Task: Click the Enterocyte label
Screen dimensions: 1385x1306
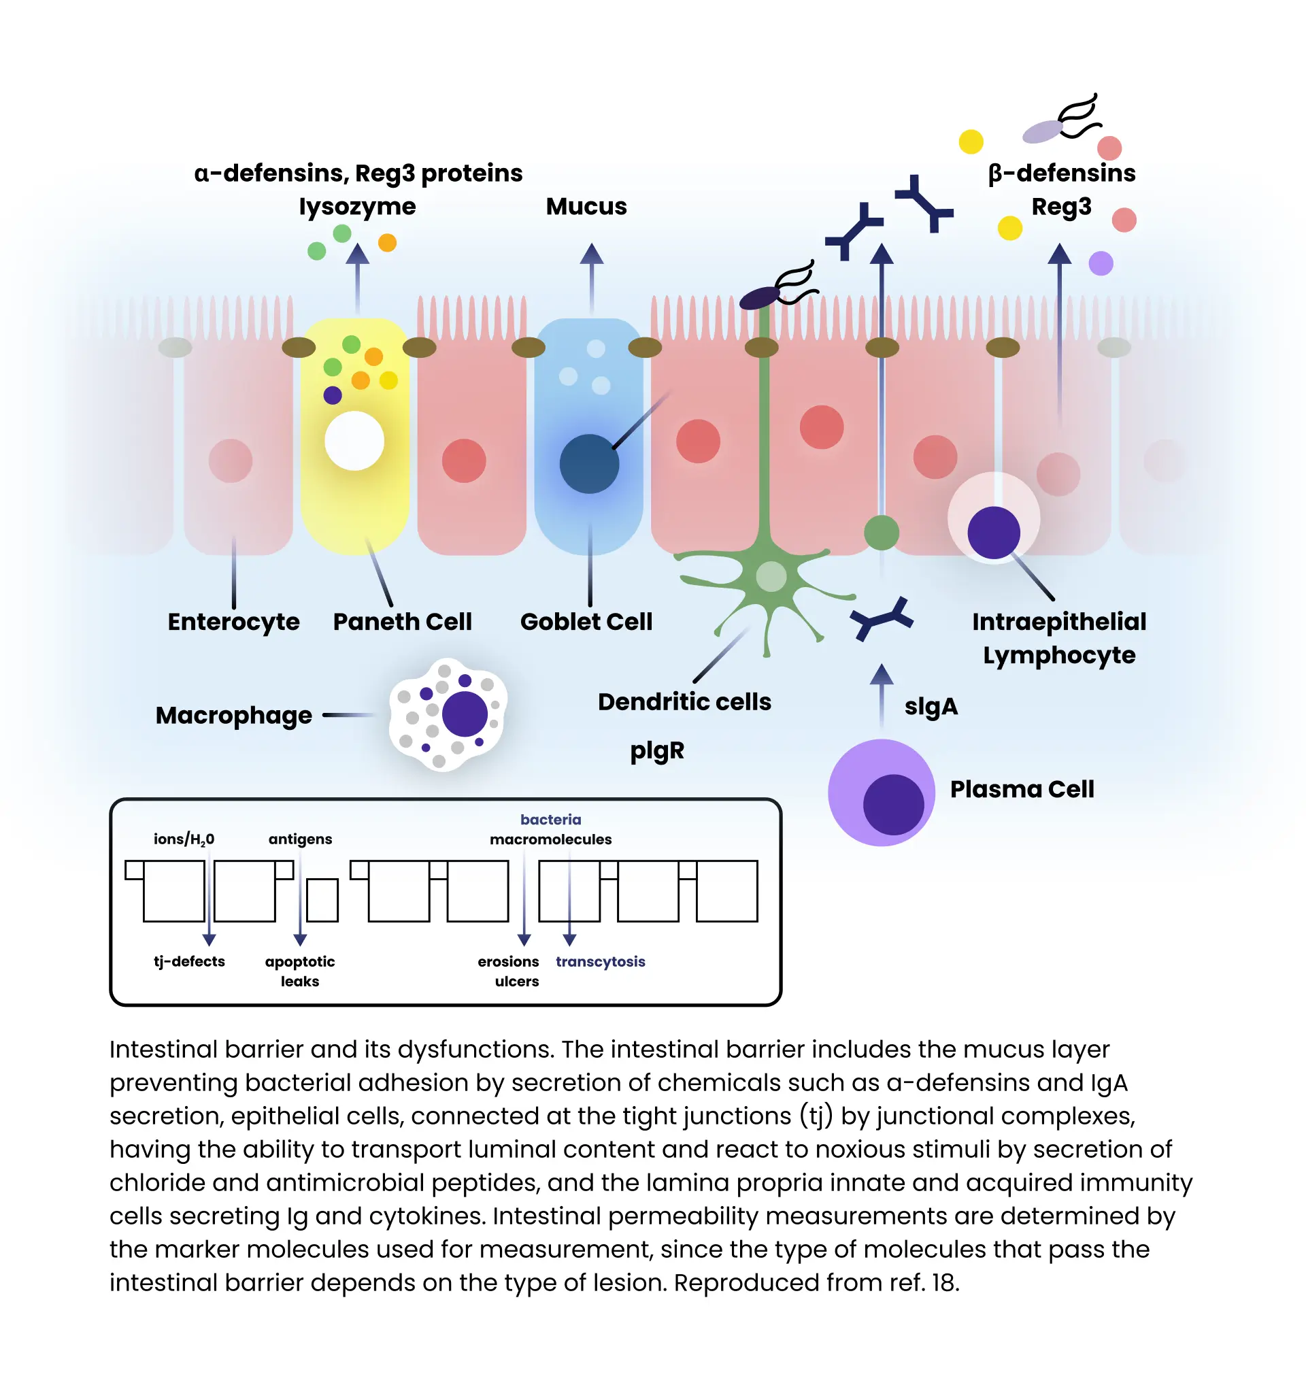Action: click(233, 622)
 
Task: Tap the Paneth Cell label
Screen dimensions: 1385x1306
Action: click(402, 622)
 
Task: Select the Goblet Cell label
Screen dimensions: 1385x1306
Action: click(586, 622)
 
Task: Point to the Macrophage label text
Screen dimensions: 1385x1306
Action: click(233, 716)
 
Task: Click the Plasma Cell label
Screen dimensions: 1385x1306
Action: click(1022, 789)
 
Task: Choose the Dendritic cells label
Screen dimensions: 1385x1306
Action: click(684, 701)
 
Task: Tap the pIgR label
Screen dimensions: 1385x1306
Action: click(657, 750)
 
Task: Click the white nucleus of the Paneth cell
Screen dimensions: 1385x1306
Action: click(354, 441)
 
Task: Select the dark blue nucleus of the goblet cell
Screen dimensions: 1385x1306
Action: click(589, 464)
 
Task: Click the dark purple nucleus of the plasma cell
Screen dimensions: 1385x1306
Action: click(893, 804)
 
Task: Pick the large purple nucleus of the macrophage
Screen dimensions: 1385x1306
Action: click(465, 714)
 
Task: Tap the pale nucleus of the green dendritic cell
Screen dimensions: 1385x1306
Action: click(771, 576)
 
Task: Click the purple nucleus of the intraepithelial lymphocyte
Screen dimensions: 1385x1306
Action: click(993, 532)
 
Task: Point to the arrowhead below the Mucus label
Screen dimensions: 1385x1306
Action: click(591, 254)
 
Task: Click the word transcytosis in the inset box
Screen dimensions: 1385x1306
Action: click(600, 961)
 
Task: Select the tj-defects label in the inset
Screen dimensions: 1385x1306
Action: click(189, 961)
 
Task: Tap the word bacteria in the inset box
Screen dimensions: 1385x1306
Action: click(550, 819)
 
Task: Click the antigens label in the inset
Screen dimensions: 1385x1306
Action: click(300, 839)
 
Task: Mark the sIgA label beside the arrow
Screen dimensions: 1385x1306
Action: click(931, 706)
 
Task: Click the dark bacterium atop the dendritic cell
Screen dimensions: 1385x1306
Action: click(759, 298)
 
